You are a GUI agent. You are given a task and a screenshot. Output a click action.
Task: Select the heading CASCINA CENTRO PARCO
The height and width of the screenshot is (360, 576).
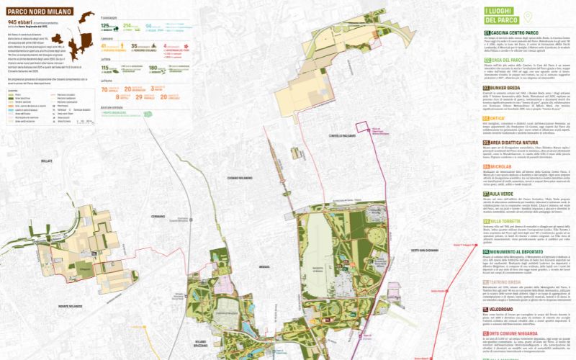[x=514, y=33]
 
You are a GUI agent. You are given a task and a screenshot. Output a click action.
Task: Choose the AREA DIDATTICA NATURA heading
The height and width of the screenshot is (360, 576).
[x=518, y=143]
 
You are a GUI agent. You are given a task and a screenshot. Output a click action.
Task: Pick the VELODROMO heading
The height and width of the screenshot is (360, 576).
[x=504, y=308]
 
